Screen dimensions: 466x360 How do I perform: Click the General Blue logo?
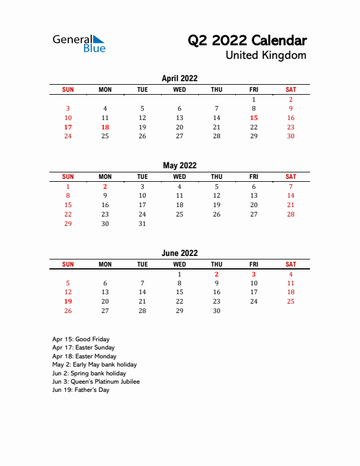[79, 44]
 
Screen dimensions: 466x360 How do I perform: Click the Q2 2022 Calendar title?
[247, 41]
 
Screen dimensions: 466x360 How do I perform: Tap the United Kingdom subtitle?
[266, 55]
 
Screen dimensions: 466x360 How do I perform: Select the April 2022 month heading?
[179, 78]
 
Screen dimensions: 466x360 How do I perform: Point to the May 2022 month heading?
[179, 165]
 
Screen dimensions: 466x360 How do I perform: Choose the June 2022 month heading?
[179, 253]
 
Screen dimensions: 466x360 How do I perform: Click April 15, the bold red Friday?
[254, 118]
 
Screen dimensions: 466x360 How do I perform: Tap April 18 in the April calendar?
[105, 127]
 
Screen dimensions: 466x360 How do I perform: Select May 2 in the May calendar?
[105, 187]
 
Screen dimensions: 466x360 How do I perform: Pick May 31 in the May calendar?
[142, 224]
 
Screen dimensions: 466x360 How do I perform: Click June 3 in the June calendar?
[254, 274]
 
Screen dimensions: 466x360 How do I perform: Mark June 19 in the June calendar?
[68, 301]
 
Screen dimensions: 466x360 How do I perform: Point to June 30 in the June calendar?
[216, 311]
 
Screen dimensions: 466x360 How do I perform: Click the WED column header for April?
[179, 89]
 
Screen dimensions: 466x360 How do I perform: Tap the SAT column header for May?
[291, 177]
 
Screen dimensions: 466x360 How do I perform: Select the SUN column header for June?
[68, 264]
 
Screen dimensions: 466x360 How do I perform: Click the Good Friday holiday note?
[81, 339]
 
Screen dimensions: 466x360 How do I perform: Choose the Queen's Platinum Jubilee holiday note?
[96, 382]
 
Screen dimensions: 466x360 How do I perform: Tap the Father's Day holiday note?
[81, 390]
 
